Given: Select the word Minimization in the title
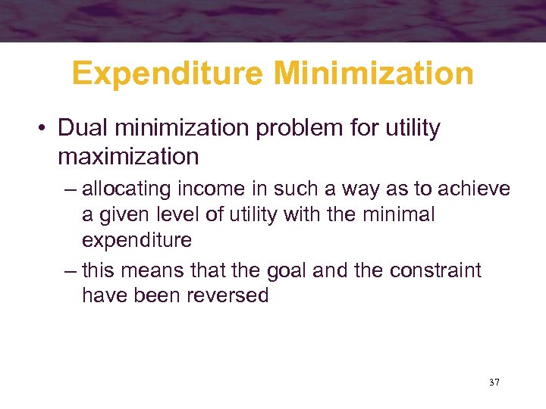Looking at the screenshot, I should [375, 74].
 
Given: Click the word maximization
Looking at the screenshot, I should [127, 157].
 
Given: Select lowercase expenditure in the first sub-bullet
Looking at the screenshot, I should [136, 242].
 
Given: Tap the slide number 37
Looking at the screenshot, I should [494, 382].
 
